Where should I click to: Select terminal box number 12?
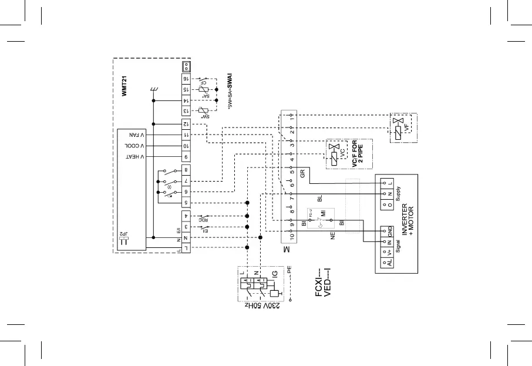click(186, 124)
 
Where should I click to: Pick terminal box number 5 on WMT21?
click(186, 203)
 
